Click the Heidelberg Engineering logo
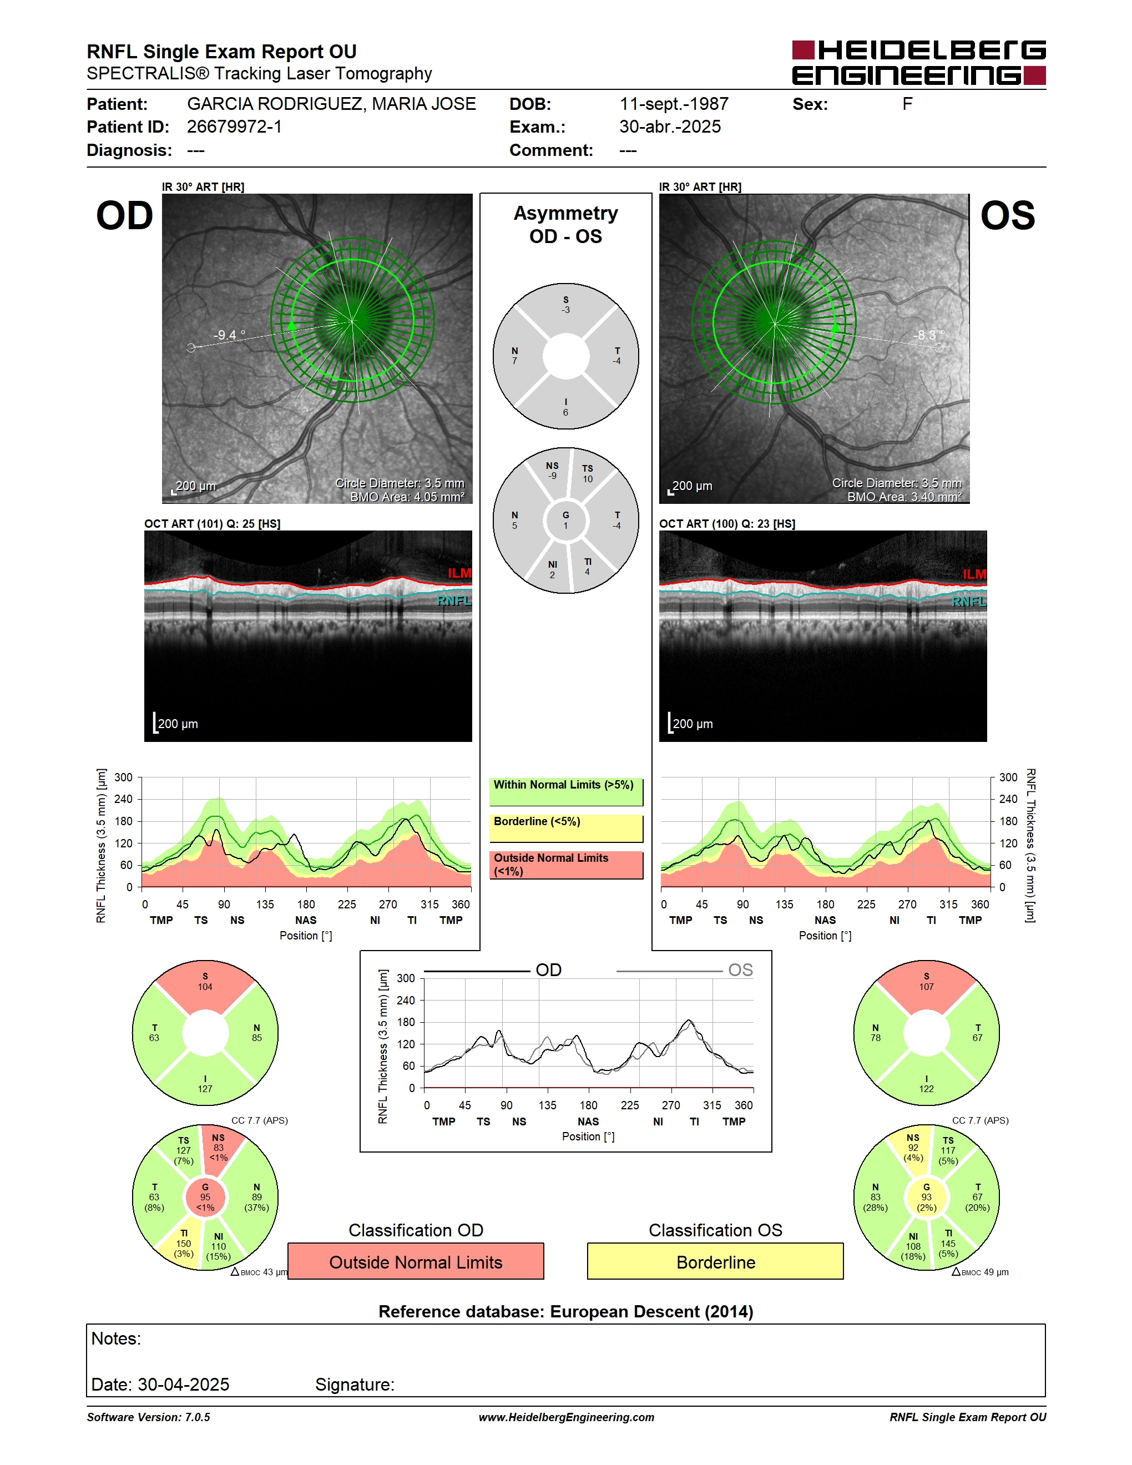coord(919,63)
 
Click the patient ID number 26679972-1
coord(234,127)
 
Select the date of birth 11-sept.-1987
coord(674,104)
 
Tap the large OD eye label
coord(125,216)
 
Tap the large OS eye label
coord(1007,216)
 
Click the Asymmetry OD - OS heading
coord(565,225)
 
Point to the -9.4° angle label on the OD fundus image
coord(229,335)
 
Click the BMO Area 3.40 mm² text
coord(904,497)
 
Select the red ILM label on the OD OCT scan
coord(459,573)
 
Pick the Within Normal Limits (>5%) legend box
coord(566,791)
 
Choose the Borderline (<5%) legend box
coord(566,829)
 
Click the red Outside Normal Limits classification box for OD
coord(416,1261)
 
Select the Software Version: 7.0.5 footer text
coord(148,1417)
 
